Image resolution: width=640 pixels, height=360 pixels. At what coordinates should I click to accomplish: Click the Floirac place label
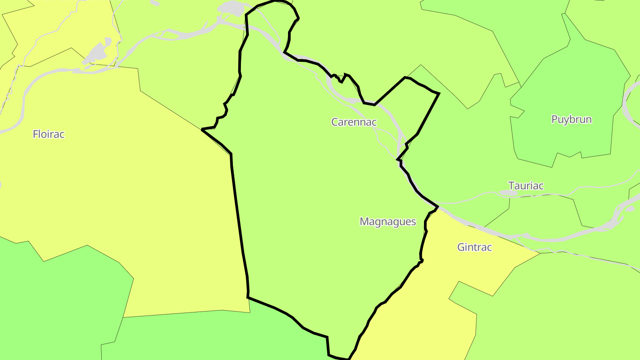pos(49,134)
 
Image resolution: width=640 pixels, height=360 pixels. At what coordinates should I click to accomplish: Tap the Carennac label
pos(354,122)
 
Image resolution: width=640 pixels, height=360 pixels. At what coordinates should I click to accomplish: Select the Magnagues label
pos(388,221)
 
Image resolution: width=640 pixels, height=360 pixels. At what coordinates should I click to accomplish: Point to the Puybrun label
pos(571,119)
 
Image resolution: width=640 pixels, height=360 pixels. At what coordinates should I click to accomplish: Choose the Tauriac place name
pos(526,185)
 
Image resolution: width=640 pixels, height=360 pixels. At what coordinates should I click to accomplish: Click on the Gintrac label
pos(474,247)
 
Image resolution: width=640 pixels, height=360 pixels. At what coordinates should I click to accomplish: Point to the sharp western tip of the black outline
pos(203,130)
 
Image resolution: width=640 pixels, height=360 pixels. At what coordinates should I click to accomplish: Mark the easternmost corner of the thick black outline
pos(439,93)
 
